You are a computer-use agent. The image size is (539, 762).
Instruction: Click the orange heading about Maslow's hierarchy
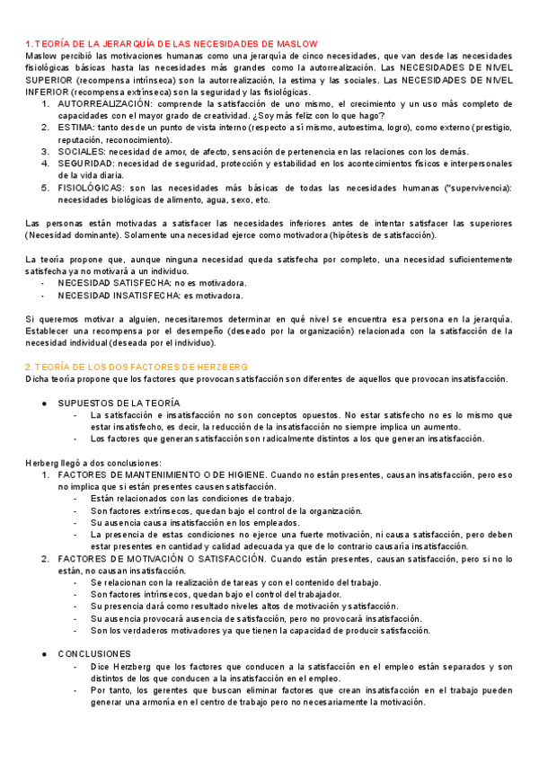[171, 44]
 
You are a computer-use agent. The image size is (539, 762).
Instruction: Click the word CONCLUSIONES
[94, 653]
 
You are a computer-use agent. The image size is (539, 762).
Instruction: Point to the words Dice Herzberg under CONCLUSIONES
[118, 667]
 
